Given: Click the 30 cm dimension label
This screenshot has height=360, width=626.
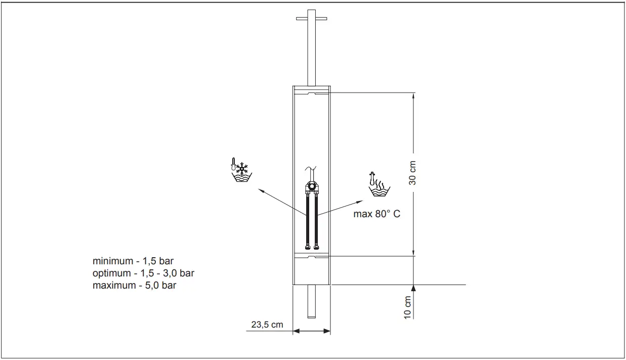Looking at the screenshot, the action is tap(412, 173).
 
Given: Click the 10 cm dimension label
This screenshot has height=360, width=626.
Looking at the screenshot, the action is tap(407, 307).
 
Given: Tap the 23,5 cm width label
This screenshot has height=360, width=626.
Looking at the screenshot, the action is tap(267, 325).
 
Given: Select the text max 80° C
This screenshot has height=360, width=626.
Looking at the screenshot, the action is tap(377, 214).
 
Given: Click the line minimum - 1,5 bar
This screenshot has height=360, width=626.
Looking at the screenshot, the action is tap(133, 261).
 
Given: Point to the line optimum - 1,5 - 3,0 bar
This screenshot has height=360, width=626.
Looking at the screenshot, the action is tap(143, 273).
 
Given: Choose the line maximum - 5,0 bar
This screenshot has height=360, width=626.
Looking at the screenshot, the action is tap(135, 285).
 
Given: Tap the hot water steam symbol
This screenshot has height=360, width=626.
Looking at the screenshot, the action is tap(379, 184).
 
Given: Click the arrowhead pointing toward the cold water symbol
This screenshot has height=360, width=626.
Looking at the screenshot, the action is tap(261, 190).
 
